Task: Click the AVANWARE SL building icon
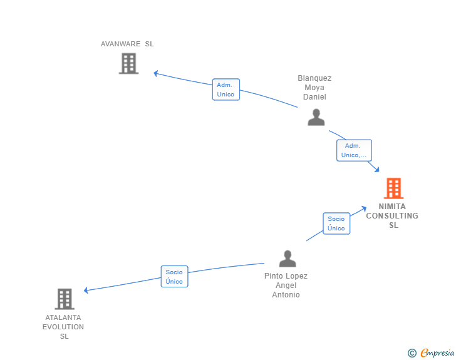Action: pos(128,63)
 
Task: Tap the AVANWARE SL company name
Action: pos(127,44)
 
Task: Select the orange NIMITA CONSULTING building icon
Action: pos(393,188)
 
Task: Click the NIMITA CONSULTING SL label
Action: pos(392,215)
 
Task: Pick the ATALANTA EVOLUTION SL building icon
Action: pos(65,299)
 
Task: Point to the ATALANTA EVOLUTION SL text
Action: pos(63,327)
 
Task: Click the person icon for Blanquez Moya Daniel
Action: pos(316,117)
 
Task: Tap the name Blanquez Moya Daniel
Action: pos(314,88)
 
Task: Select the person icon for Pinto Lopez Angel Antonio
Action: pos(287,258)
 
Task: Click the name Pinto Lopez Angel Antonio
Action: pos(286,285)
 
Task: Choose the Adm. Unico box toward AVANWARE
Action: pos(225,90)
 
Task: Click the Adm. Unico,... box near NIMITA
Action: pos(354,150)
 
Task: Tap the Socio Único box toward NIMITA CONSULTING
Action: pos(336,224)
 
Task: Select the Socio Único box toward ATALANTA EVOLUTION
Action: pos(174,277)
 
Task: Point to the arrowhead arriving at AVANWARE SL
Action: pos(156,73)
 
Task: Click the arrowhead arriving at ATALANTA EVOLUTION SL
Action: pos(86,290)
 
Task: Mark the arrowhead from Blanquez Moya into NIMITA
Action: pos(377,170)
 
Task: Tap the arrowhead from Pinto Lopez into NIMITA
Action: pos(364,208)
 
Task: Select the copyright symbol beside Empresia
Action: pos(412,354)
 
